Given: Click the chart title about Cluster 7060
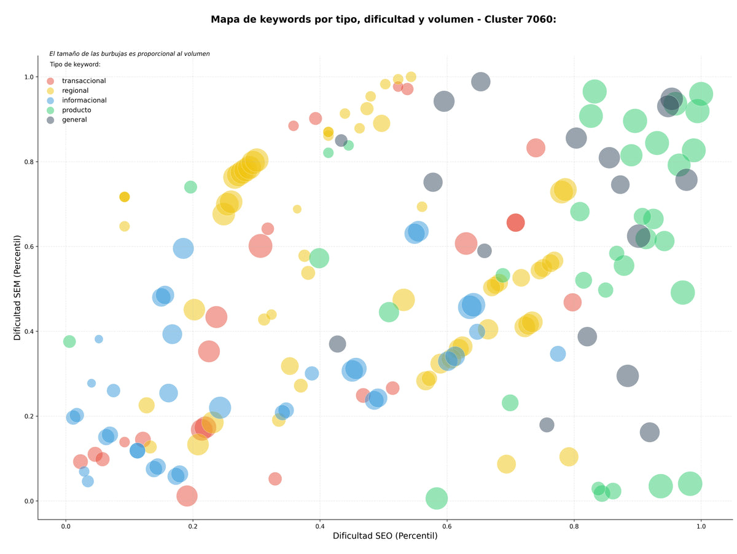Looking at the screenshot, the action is click(383, 20).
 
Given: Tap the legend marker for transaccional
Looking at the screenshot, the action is click(50, 81).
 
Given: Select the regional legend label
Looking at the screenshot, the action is click(75, 90).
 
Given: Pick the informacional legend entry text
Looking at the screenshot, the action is click(84, 100).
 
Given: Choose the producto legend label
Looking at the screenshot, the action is click(77, 110).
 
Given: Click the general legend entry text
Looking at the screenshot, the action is click(74, 120).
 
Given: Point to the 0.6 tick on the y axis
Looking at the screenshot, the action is click(29, 247).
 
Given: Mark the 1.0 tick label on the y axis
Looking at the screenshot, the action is click(29, 77).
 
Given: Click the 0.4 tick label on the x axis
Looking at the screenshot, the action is click(319, 526).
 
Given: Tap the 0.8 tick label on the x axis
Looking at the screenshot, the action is click(574, 526).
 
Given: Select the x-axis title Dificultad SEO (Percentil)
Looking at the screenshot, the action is click(385, 536).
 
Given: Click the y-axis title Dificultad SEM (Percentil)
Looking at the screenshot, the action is click(17, 287).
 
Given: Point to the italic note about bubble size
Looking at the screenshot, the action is click(130, 53).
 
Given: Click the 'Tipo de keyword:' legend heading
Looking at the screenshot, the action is click(75, 64).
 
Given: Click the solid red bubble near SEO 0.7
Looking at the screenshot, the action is click(515, 223).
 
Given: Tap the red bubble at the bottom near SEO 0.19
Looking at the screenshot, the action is click(187, 496).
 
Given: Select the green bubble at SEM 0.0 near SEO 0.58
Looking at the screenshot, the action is click(437, 498).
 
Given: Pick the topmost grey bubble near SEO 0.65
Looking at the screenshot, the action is click(480, 82).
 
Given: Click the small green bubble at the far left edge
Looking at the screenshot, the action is click(69, 341).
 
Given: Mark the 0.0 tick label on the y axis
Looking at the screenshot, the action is click(29, 501).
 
